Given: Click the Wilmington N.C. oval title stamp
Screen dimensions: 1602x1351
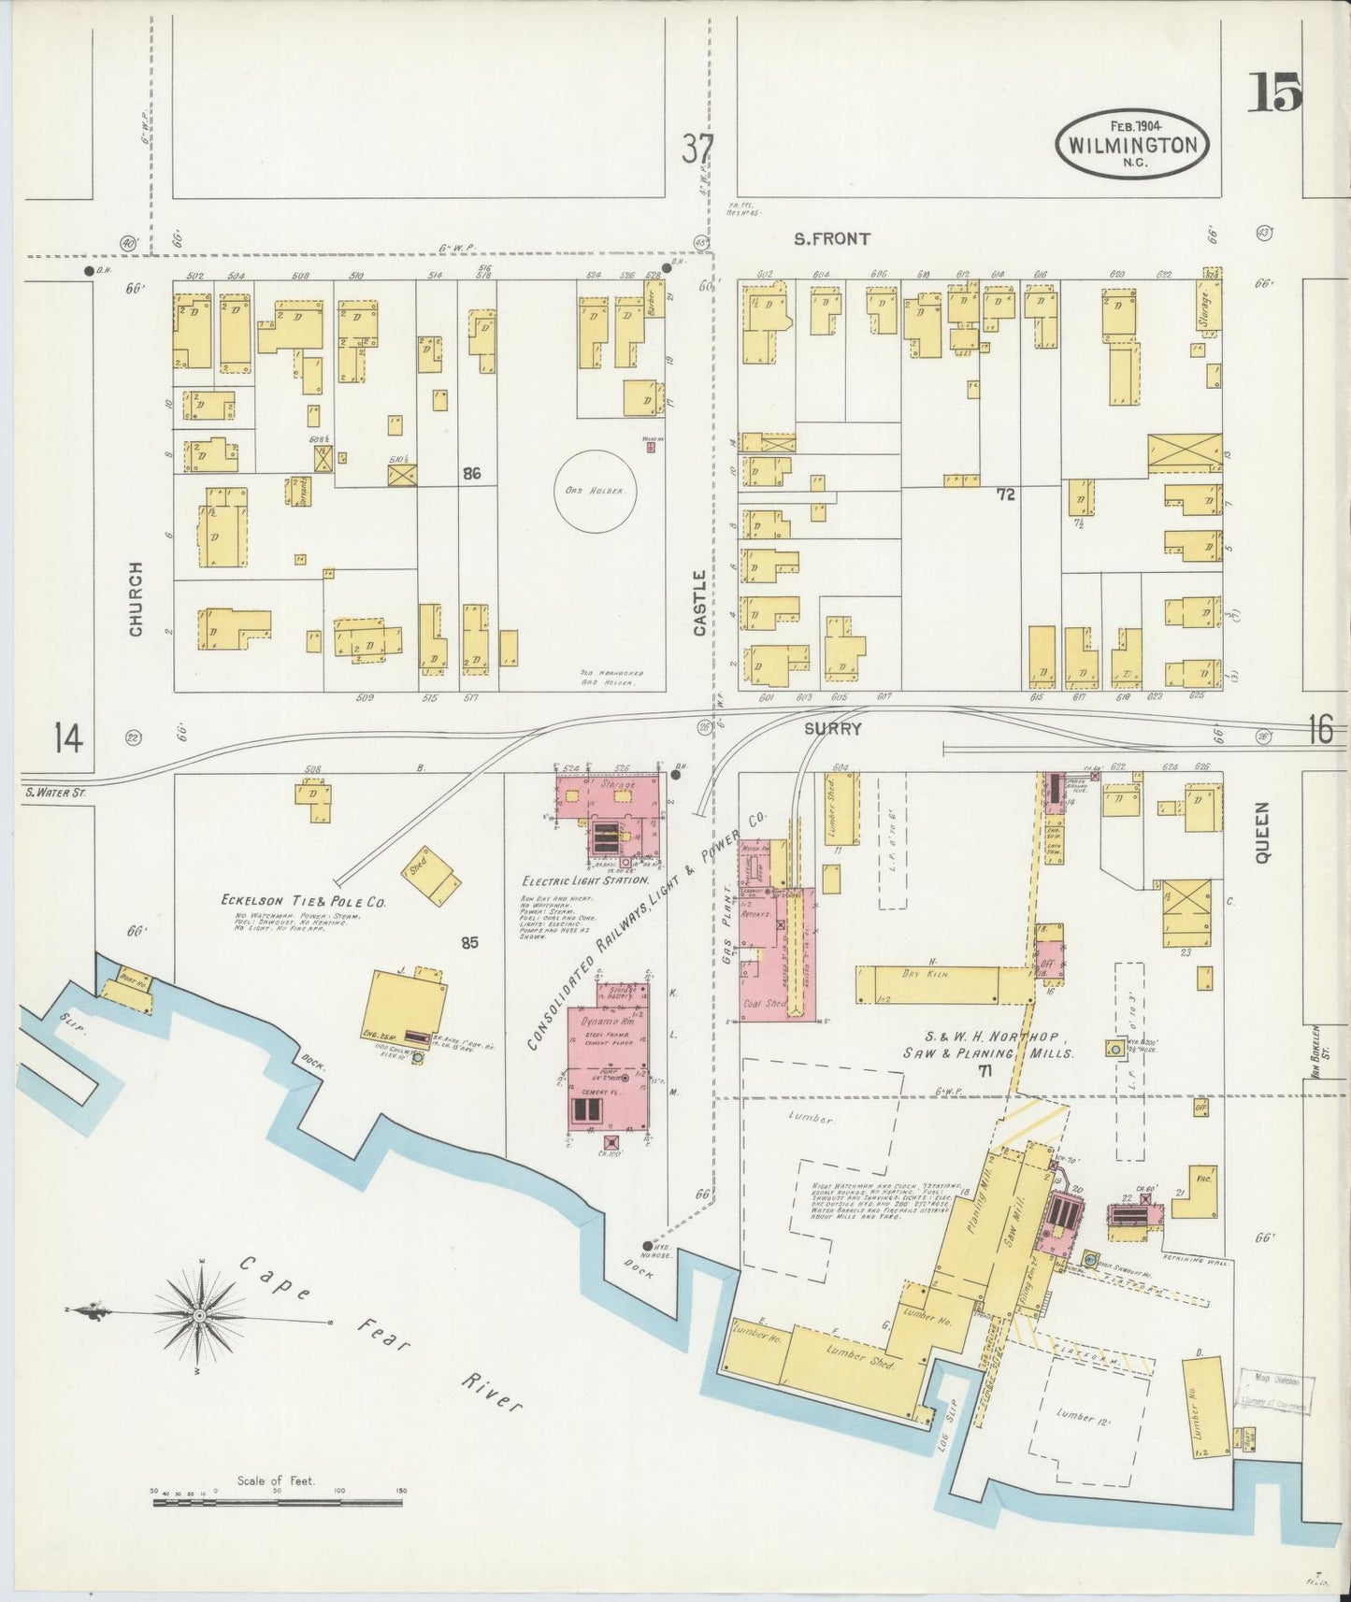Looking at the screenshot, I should coord(1132,145).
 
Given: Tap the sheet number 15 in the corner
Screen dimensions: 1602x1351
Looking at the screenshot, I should coord(1273,93).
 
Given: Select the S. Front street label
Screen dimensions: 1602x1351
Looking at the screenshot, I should coord(831,239).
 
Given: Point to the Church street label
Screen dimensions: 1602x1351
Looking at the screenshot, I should coord(137,599).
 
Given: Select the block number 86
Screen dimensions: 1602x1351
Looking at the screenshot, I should coord(471,474).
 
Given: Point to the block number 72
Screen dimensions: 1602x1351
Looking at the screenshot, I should coord(1005,495).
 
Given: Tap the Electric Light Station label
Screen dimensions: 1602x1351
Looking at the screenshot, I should coord(585,880).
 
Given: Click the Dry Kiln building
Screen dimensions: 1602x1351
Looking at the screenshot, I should coord(944,984).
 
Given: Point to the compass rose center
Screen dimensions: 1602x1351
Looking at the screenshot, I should coord(199,1315).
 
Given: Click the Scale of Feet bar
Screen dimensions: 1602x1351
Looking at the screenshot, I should coord(278,1502).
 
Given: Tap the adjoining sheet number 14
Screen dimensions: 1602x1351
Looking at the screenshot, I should coord(68,738).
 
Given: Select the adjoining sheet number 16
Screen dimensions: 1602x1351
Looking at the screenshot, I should coord(1320,729).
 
